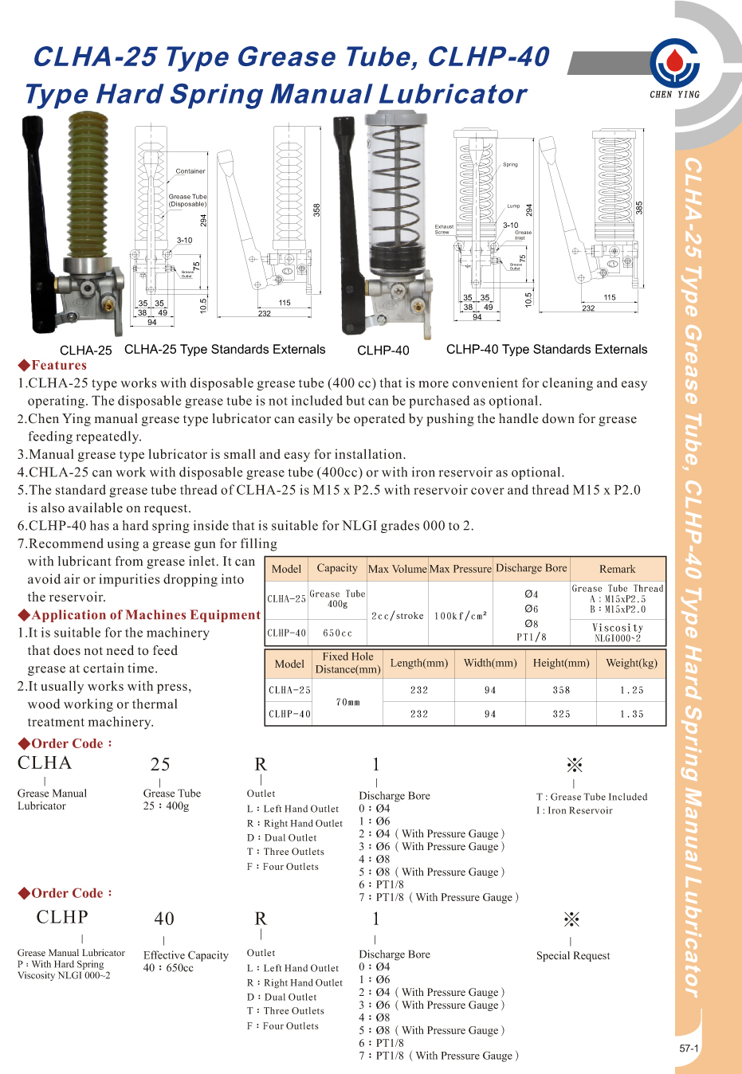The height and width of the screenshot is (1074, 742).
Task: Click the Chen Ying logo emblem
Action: [x=674, y=63]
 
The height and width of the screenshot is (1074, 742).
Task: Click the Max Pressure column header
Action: [x=460, y=569]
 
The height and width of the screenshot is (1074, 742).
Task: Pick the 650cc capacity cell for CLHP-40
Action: [x=337, y=633]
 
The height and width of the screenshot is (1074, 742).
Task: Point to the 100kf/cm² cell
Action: [x=460, y=616]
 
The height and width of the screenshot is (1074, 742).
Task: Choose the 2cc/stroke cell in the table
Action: [x=397, y=616]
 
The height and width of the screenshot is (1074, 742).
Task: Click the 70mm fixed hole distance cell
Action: [x=347, y=702]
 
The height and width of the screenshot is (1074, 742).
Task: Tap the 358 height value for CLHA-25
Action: [x=561, y=690]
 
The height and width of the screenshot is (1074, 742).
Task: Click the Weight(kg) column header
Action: [x=631, y=663]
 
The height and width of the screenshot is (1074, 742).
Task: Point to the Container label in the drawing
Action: [x=190, y=171]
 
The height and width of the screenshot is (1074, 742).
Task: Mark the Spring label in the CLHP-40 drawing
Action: [x=510, y=165]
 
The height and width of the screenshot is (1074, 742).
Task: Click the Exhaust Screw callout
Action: [x=444, y=229]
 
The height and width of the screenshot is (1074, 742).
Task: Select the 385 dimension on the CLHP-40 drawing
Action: [x=638, y=207]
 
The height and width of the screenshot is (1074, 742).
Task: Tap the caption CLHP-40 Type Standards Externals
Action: [x=547, y=350]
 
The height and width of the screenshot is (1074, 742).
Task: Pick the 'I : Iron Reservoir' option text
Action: [x=575, y=810]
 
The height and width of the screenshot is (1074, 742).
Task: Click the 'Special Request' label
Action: [x=573, y=956]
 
